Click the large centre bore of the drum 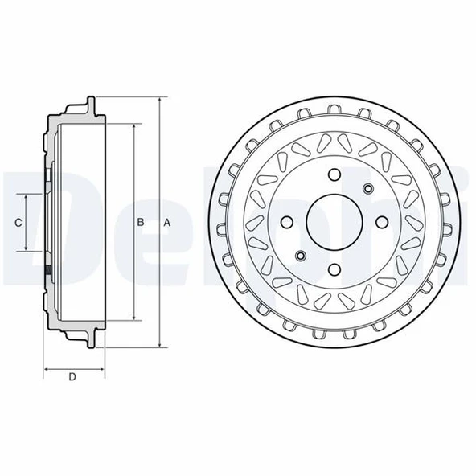coord(334,223)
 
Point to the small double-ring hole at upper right coord(367,189)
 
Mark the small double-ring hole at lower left coord(299,256)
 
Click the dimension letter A coord(166,223)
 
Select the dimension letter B coord(140,223)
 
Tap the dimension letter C coord(18,223)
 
